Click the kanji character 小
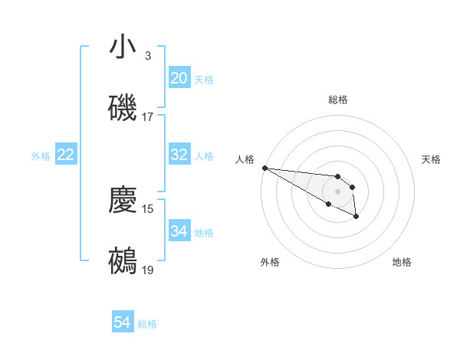click(x=123, y=47)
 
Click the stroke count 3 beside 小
click(x=148, y=56)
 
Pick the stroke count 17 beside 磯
click(x=148, y=117)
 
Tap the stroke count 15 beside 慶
click(x=148, y=208)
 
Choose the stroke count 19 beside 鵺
click(x=148, y=270)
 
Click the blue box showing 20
click(x=179, y=78)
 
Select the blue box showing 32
click(x=179, y=155)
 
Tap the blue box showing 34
click(x=179, y=231)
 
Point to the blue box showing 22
click(x=65, y=155)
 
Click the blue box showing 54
click(x=123, y=323)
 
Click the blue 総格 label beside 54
click(x=147, y=324)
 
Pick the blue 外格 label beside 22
click(x=41, y=155)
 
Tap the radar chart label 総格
click(x=337, y=100)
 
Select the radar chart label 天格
click(x=432, y=159)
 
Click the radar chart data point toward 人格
click(x=264, y=168)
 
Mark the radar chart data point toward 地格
click(x=356, y=218)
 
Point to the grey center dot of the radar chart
click(x=337, y=191)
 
